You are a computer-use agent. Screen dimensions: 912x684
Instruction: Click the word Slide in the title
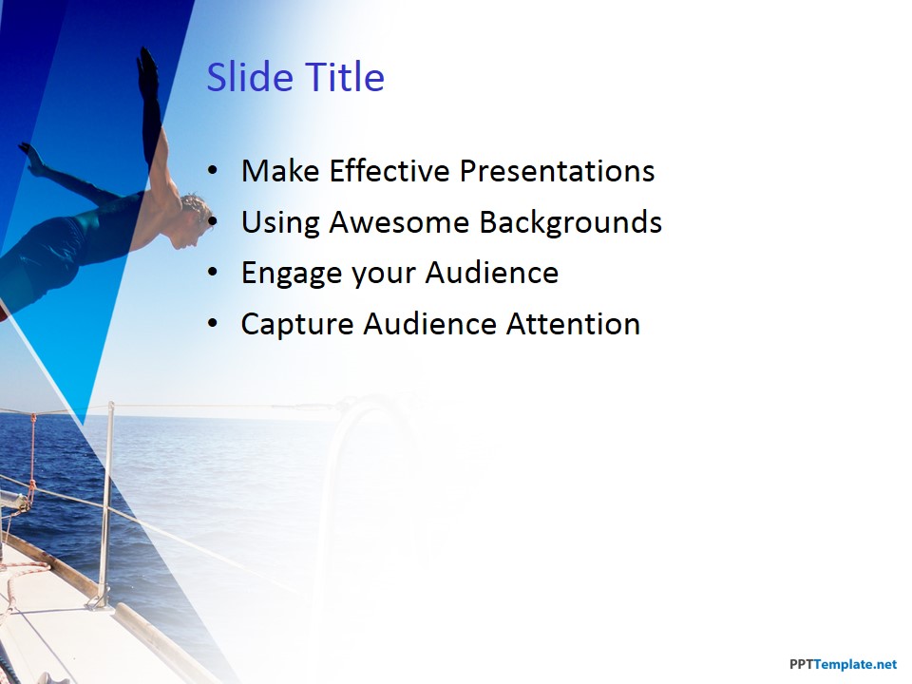point(250,76)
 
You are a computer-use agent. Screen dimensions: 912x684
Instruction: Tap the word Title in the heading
point(344,76)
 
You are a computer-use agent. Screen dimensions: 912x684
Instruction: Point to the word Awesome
point(399,222)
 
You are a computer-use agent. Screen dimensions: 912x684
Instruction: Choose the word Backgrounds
point(571,223)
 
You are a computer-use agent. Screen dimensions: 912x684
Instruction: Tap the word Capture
point(296,325)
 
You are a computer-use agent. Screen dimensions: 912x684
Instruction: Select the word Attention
point(573,324)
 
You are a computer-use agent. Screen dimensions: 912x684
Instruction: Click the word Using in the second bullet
point(279,223)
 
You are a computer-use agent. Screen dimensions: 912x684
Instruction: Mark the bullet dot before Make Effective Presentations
point(213,171)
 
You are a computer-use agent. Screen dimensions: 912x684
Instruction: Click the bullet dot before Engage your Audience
point(213,273)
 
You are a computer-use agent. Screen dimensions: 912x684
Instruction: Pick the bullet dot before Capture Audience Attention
point(213,324)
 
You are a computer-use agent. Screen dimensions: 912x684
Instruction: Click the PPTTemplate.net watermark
point(843,664)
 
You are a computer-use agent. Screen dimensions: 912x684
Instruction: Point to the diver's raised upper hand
point(148,69)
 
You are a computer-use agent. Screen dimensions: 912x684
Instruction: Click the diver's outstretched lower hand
point(32,159)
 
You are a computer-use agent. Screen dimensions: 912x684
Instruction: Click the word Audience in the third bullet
point(491,273)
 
